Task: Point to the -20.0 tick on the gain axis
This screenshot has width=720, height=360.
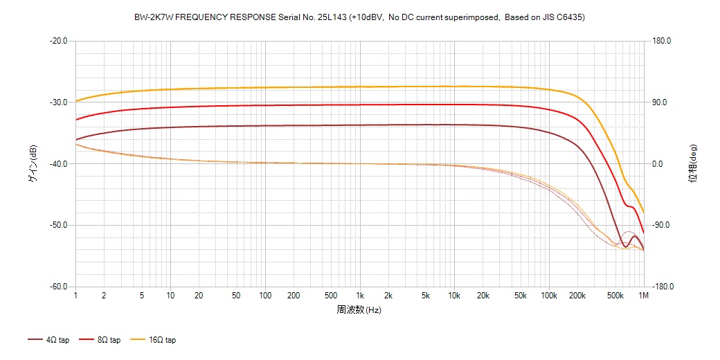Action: [58, 41]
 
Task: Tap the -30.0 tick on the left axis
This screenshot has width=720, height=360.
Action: [58, 102]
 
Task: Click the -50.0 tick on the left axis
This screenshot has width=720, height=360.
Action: [58, 226]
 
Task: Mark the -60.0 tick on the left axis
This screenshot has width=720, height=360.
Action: [58, 287]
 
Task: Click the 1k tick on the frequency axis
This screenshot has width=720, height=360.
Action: [360, 296]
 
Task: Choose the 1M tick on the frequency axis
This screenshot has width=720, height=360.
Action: [644, 296]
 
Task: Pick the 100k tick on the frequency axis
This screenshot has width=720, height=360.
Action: [549, 296]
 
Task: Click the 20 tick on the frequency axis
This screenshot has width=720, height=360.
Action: [199, 296]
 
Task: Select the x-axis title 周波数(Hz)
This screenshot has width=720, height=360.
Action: [359, 309]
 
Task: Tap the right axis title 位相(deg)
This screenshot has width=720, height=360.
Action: [692, 163]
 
